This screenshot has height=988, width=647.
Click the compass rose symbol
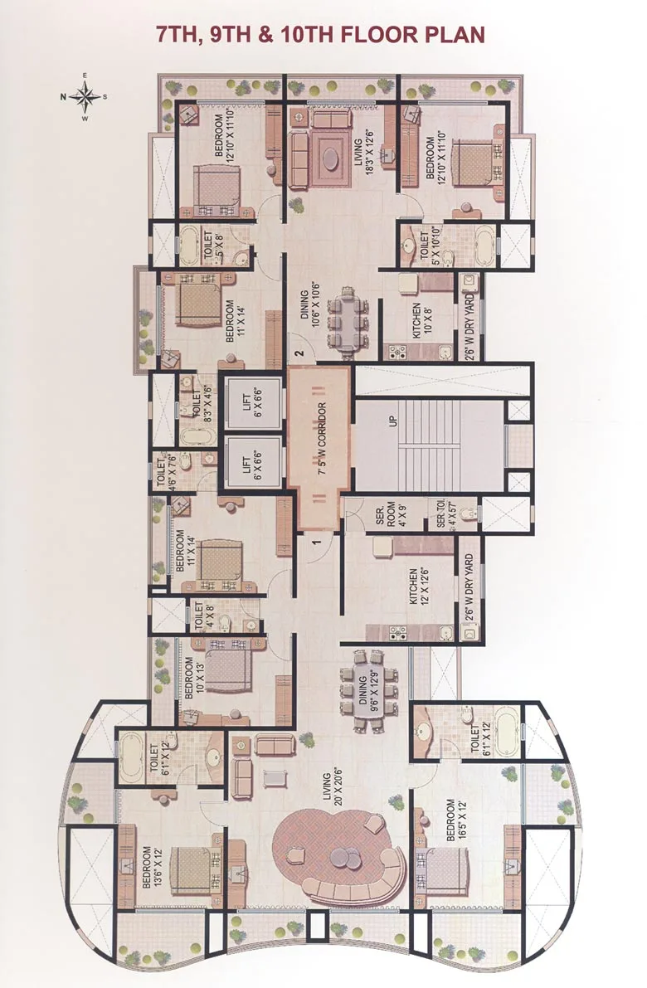pyautogui.click(x=85, y=97)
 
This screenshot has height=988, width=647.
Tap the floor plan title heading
pyautogui.click(x=321, y=34)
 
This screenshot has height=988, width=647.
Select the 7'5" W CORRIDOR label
pyautogui.click(x=320, y=448)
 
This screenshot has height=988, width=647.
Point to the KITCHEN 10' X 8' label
pyautogui.click(x=421, y=320)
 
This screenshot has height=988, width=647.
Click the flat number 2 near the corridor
pyautogui.click(x=299, y=354)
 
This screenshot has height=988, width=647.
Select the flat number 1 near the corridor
pyautogui.click(x=316, y=543)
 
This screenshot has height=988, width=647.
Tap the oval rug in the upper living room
pyautogui.click(x=332, y=156)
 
